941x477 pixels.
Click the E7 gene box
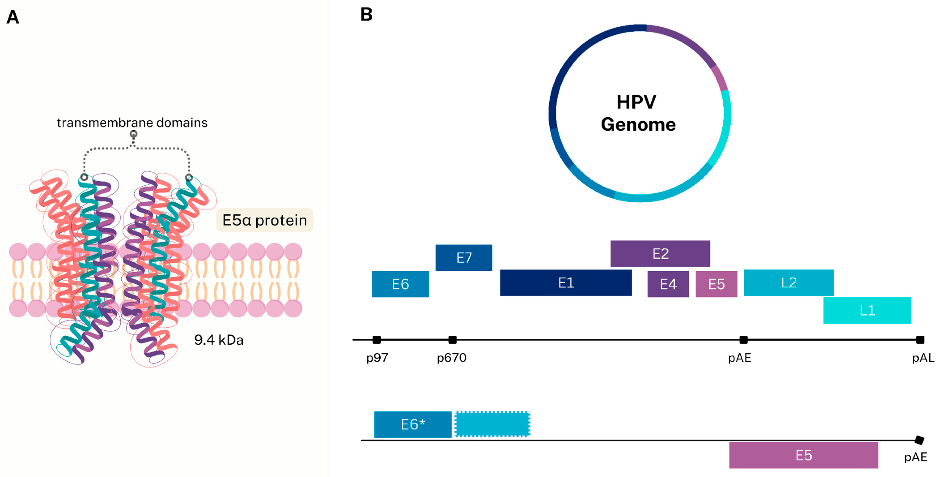pos(464,258)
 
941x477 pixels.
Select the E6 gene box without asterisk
pos(400,284)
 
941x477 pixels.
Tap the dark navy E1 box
pos(566,282)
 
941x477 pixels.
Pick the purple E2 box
pos(660,254)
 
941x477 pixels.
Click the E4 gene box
pos(668,284)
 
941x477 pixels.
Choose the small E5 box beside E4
pos(716,284)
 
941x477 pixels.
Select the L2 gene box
pos(788,282)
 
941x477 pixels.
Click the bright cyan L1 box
pos(867,310)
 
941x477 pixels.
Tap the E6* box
pos(413,424)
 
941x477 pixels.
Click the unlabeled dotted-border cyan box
pos(492,424)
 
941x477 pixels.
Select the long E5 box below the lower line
pos(803,455)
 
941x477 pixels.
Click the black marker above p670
pos(452,340)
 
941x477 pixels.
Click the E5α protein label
pos(265,220)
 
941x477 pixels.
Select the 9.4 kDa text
pos(218,340)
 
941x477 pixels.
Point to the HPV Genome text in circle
pos(638,113)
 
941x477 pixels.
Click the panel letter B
pos(366,15)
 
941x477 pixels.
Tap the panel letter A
pos(13,17)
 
